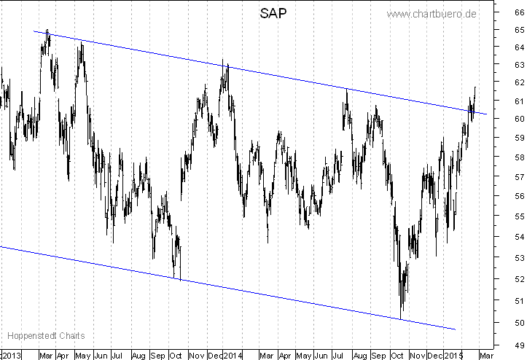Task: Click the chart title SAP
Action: click(273, 14)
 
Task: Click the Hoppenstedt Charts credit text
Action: click(46, 336)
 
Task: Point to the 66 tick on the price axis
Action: click(519, 12)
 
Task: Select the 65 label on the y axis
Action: click(519, 30)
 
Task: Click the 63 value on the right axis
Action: click(519, 65)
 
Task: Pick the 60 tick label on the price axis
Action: click(519, 119)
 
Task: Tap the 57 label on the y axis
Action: click(519, 176)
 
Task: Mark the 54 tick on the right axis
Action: click(519, 236)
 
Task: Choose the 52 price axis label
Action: click(519, 278)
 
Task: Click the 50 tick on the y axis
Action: click(519, 323)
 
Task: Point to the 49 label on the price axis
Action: click(519, 345)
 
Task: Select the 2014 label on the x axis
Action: click(233, 355)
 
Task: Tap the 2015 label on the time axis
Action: click(455, 355)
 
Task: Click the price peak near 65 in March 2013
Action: click(47, 31)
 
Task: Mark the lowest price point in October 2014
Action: click(401, 318)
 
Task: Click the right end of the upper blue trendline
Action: click(487, 114)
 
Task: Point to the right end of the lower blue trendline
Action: click(456, 329)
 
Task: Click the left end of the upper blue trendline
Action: click(34, 31)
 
